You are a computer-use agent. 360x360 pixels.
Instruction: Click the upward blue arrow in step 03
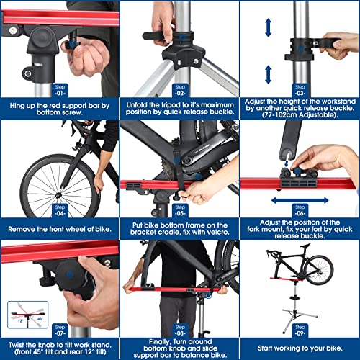(269, 27)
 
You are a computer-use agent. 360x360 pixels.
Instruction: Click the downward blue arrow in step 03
(269, 74)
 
